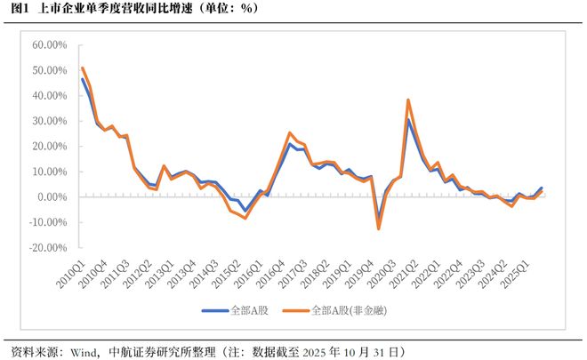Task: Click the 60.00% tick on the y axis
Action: point(49,44)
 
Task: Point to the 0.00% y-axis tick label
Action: point(52,197)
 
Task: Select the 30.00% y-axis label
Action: point(49,121)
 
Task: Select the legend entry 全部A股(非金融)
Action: point(347,311)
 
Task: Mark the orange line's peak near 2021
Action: point(408,100)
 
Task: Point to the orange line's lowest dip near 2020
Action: point(378,228)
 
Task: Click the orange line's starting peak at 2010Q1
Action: point(82,68)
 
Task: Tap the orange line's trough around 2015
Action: point(245,218)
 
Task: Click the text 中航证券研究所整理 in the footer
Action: point(157,351)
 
